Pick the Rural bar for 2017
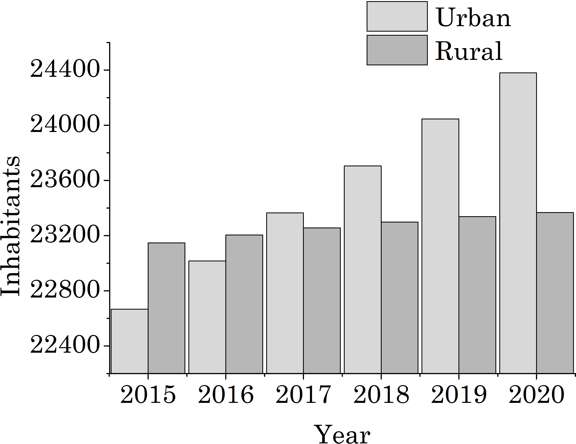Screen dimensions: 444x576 click(x=322, y=300)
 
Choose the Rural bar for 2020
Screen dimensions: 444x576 click(x=555, y=293)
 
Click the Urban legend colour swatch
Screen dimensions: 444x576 click(x=397, y=16)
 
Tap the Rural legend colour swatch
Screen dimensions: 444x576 click(x=397, y=50)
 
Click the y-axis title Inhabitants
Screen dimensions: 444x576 click(x=10, y=227)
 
